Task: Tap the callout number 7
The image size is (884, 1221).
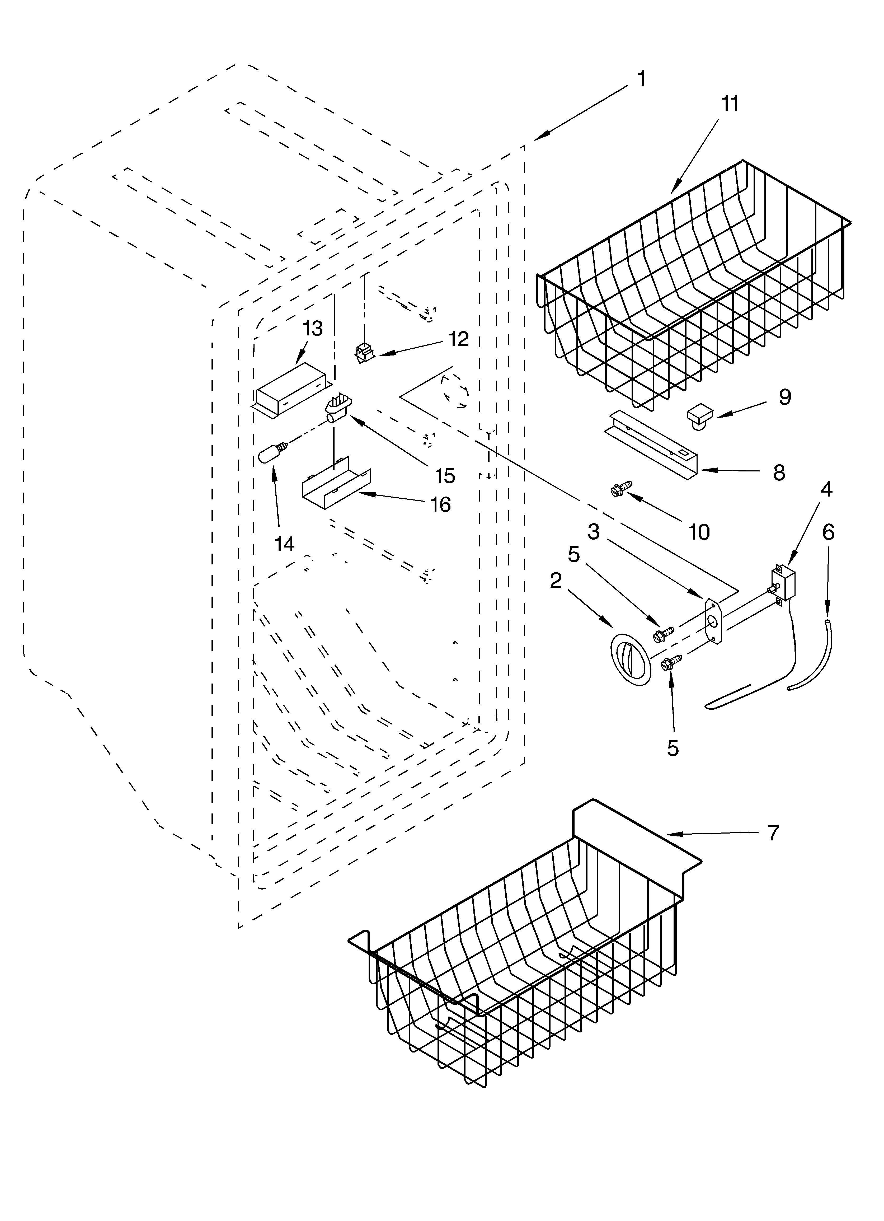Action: point(773,833)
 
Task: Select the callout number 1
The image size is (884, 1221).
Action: point(641,79)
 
